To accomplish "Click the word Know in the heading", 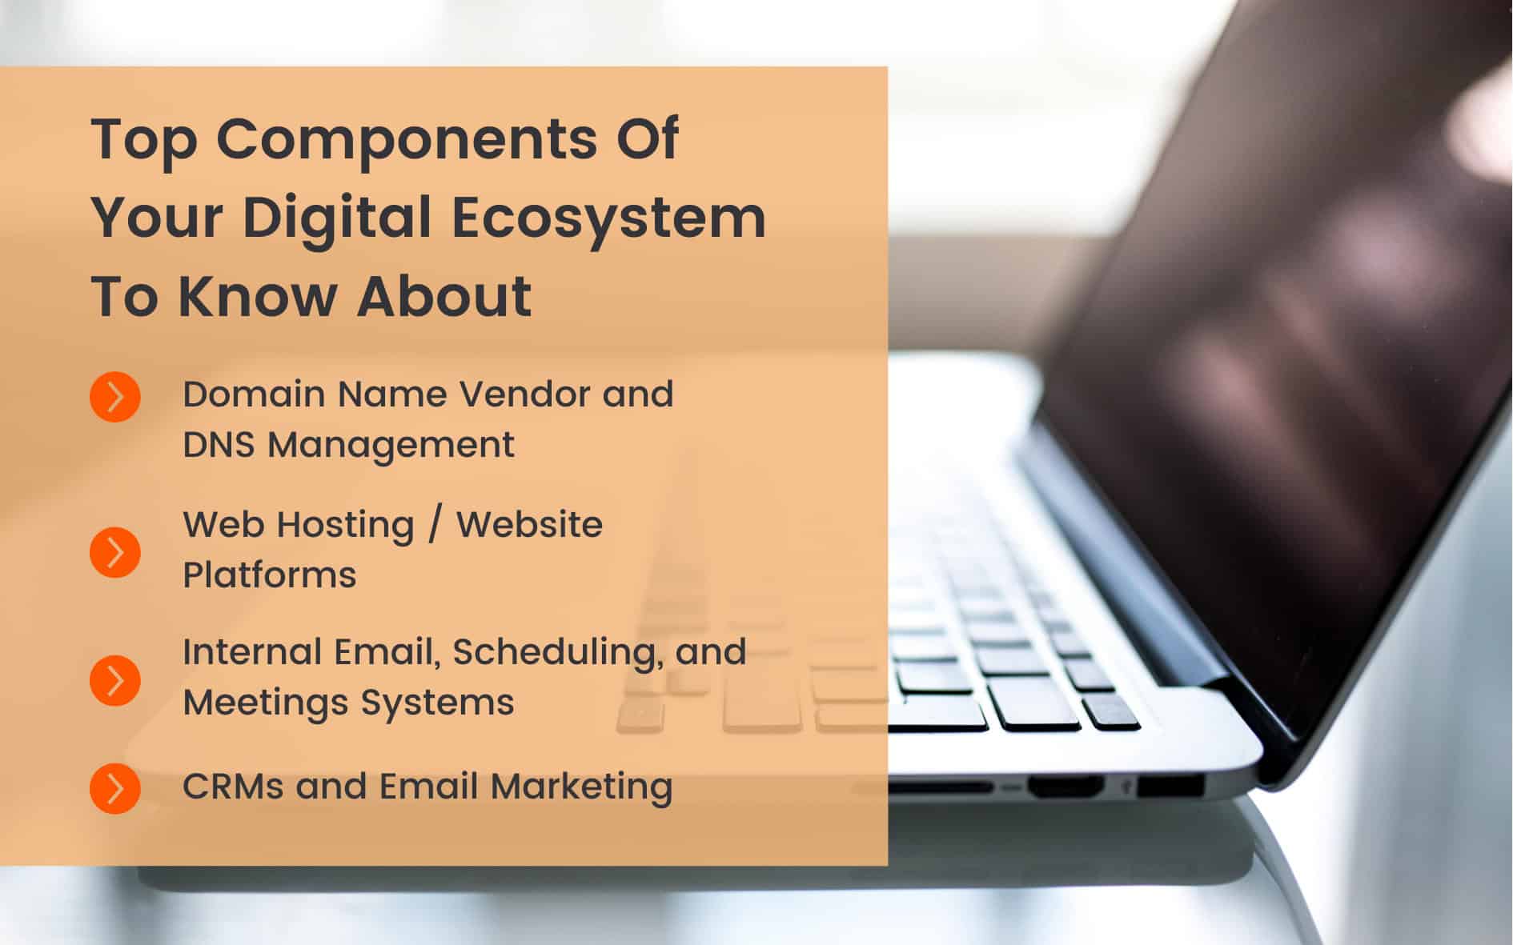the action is point(256,296).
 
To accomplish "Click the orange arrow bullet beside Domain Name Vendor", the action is point(115,396).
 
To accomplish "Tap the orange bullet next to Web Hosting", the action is point(115,551).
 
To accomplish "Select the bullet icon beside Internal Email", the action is point(115,680).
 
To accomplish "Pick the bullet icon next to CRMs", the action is point(115,788).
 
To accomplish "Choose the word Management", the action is point(391,446).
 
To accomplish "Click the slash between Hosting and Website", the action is point(435,525).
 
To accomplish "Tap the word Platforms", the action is point(269,575).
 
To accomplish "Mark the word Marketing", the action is point(581,787).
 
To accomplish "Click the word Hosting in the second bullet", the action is point(345,527).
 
